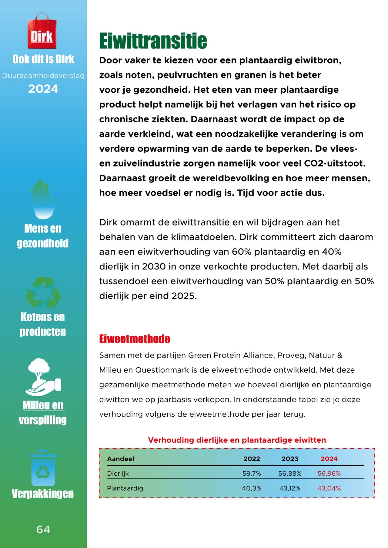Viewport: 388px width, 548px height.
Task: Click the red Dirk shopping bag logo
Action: click(x=42, y=31)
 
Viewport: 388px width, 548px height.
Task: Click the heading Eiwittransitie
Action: click(x=153, y=41)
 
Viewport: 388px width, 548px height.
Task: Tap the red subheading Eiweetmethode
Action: click(x=135, y=339)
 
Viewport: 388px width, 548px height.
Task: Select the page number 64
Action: click(x=43, y=529)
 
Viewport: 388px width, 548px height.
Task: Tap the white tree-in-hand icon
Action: click(x=43, y=377)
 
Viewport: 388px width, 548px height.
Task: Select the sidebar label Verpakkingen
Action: click(x=43, y=493)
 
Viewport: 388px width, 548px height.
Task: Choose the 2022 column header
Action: click(x=252, y=459)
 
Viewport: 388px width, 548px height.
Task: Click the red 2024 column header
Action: click(x=329, y=459)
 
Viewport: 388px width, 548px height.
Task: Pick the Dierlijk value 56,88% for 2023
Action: click(x=290, y=474)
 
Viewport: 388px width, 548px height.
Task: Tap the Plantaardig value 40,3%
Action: click(x=252, y=488)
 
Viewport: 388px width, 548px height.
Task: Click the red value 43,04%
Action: click(x=329, y=488)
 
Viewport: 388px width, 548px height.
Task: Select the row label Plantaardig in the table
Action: click(x=125, y=488)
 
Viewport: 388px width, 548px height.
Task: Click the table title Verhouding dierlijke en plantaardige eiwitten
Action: click(x=237, y=440)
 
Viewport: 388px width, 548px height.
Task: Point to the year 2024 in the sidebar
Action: click(x=43, y=89)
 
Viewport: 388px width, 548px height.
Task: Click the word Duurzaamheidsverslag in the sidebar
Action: click(x=43, y=76)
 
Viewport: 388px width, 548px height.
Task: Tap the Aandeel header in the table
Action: click(x=120, y=459)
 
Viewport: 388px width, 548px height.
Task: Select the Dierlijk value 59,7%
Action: click(x=252, y=474)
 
